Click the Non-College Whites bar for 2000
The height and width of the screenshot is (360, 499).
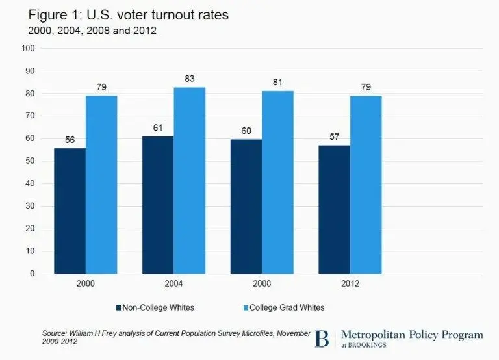point(70,211)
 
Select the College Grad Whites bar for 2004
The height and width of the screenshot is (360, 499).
point(189,180)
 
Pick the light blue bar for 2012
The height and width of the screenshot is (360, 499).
point(366,185)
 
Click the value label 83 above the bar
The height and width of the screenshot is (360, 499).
point(189,79)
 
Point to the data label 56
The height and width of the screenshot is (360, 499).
point(70,140)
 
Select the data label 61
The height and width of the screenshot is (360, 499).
point(158,128)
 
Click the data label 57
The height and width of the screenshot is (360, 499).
point(334,137)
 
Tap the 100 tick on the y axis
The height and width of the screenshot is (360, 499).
point(28,48)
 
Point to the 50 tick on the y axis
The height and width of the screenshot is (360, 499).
point(30,161)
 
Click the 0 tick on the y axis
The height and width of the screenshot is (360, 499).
point(32,274)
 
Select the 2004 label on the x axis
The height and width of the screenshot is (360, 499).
point(173,285)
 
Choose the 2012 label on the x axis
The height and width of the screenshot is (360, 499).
point(350,285)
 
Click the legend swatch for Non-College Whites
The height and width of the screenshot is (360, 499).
point(119,307)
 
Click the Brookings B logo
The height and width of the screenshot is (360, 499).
point(322,339)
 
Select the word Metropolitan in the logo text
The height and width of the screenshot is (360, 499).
point(374,335)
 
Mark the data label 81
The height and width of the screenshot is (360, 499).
point(277,83)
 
